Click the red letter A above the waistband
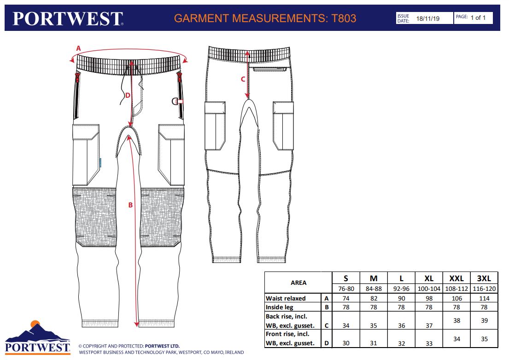point(78,48)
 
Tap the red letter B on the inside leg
point(130,205)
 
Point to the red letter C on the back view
point(243,79)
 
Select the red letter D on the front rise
point(128,95)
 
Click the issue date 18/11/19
point(428,18)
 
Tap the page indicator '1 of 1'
point(478,18)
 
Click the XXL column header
point(456,278)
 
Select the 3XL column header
point(484,278)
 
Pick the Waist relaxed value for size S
point(346,298)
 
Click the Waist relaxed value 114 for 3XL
point(484,298)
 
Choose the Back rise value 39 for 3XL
point(484,321)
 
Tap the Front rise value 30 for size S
point(346,343)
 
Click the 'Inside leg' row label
point(280,307)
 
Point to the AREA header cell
point(298,283)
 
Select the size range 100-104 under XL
point(429,289)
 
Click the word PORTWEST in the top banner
point(68,18)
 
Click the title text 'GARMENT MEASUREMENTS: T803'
point(265,18)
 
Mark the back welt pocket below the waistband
point(270,69)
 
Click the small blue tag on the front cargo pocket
point(100,163)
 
